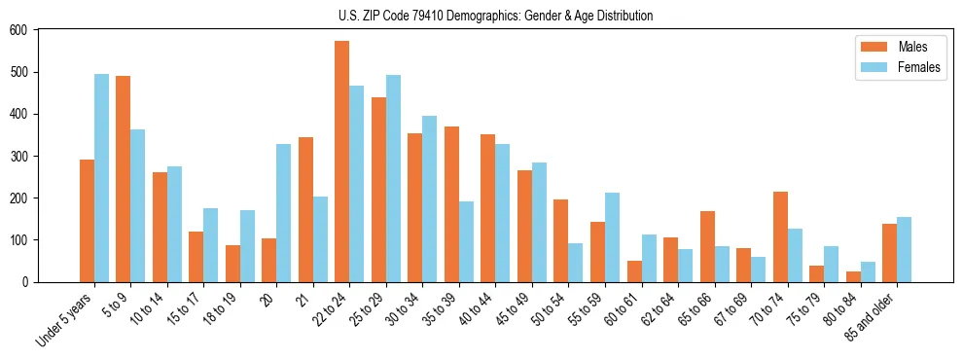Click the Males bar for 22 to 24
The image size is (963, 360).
[x=342, y=162]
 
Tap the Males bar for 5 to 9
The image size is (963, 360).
[x=124, y=179]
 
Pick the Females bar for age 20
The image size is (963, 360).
[x=284, y=213]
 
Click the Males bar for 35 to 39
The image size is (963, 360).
[x=451, y=204]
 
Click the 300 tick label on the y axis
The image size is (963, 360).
[x=18, y=156]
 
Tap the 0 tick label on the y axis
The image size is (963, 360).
[x=25, y=282]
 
